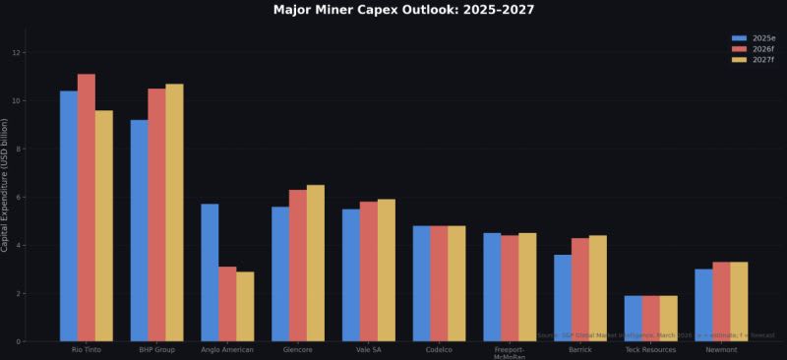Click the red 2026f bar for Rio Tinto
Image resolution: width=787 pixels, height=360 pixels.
87,208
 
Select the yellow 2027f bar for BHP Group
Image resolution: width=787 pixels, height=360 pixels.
174,212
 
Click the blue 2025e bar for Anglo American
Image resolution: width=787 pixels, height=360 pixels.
210,272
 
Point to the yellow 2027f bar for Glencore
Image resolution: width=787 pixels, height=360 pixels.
316,263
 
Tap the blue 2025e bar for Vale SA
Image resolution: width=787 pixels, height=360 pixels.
351,275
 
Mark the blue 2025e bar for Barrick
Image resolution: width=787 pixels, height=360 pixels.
563,298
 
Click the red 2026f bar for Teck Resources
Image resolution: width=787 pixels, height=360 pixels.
651,319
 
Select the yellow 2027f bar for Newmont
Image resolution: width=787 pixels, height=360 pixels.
739,301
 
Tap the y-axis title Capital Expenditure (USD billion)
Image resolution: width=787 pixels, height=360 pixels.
6,185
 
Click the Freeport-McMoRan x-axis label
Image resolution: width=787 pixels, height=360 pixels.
510,353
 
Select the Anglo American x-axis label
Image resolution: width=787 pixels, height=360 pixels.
227,349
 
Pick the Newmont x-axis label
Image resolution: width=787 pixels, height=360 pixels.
721,349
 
